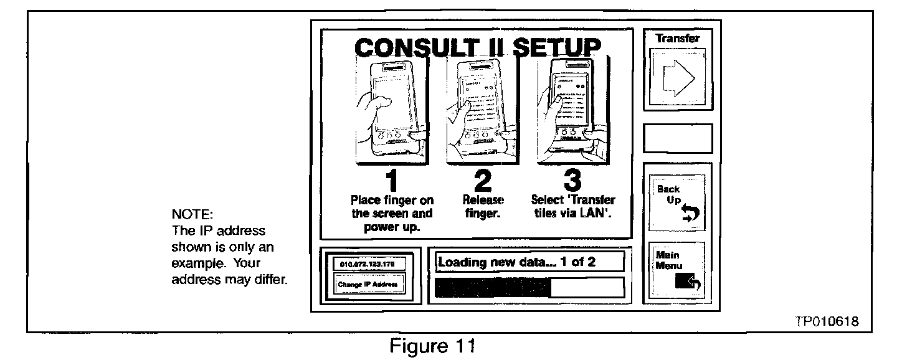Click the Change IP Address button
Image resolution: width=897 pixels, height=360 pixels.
point(368,286)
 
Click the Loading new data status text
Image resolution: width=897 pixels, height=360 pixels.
point(516,262)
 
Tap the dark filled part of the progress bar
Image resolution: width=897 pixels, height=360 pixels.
point(492,287)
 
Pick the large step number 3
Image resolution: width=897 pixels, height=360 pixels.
point(571,181)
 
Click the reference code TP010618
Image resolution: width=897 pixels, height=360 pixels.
point(827,322)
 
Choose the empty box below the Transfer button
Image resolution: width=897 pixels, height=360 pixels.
point(678,138)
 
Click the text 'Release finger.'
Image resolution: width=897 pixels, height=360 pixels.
point(483,206)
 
